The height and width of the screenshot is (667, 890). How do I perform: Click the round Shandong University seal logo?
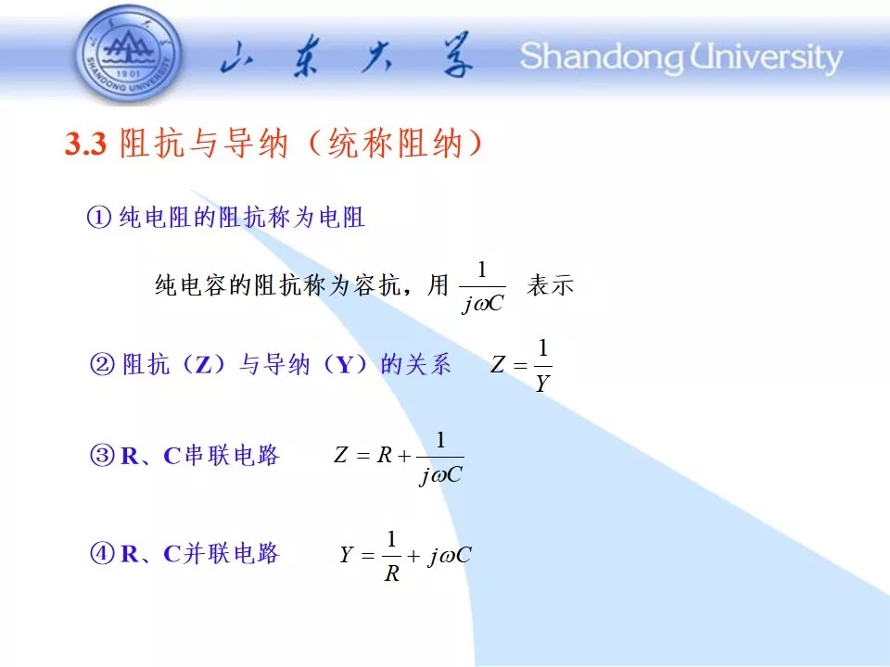(x=128, y=55)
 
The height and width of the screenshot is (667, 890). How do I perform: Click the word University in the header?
(x=765, y=57)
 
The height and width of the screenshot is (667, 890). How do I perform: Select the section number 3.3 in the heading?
(x=85, y=143)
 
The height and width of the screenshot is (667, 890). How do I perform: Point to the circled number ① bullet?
(x=99, y=217)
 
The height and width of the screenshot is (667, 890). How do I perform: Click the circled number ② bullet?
(x=103, y=363)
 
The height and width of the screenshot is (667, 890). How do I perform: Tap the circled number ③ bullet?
(x=102, y=455)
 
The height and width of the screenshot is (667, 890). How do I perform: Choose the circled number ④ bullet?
(x=102, y=553)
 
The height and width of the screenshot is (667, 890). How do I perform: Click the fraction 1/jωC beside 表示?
(x=482, y=287)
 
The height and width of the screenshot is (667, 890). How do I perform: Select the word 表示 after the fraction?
(x=550, y=284)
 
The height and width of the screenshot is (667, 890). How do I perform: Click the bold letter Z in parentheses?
(x=203, y=364)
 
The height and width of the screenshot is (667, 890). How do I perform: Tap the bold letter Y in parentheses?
(x=345, y=364)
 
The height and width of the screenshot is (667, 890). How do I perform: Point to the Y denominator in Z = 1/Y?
(x=542, y=384)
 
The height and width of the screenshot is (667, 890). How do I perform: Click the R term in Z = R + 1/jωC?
(x=385, y=455)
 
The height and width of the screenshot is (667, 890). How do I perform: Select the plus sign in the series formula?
(x=404, y=456)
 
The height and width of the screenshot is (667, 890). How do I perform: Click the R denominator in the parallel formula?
(x=392, y=573)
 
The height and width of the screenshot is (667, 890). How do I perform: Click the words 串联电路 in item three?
(x=232, y=455)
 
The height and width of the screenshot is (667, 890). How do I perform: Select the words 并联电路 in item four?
(x=232, y=553)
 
